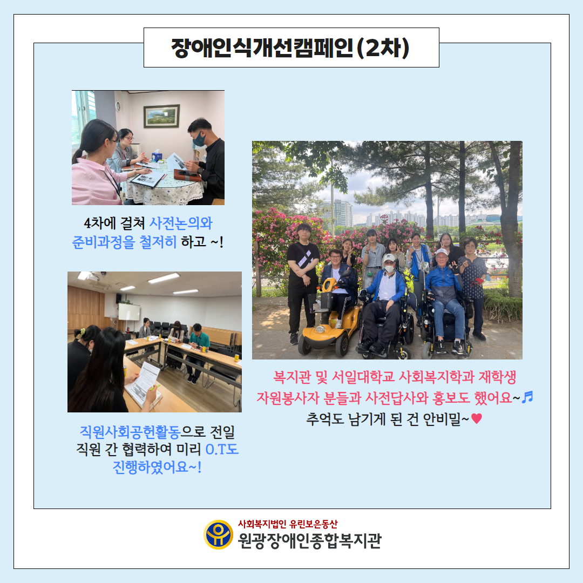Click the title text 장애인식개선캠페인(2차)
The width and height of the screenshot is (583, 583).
pos(290,48)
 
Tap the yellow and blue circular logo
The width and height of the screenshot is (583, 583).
pos(219,534)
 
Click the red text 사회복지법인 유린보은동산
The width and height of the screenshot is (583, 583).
pos(288,524)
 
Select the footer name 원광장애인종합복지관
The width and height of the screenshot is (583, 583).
pos(310,540)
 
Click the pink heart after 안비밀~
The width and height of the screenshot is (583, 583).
pos(476,419)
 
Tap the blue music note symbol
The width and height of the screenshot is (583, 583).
pos(527,397)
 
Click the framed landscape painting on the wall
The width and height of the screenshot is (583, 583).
pos(162,116)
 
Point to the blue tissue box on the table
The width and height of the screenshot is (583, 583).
pos(157,156)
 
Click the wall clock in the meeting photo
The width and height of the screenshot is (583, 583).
pos(118,107)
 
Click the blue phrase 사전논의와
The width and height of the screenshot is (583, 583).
pos(181,223)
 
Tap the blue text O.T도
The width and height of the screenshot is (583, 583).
pos(222,449)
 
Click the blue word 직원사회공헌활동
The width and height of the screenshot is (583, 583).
pos(130,432)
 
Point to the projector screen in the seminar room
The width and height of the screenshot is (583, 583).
pos(129,311)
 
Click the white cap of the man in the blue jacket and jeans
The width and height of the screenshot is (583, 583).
pos(442,252)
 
